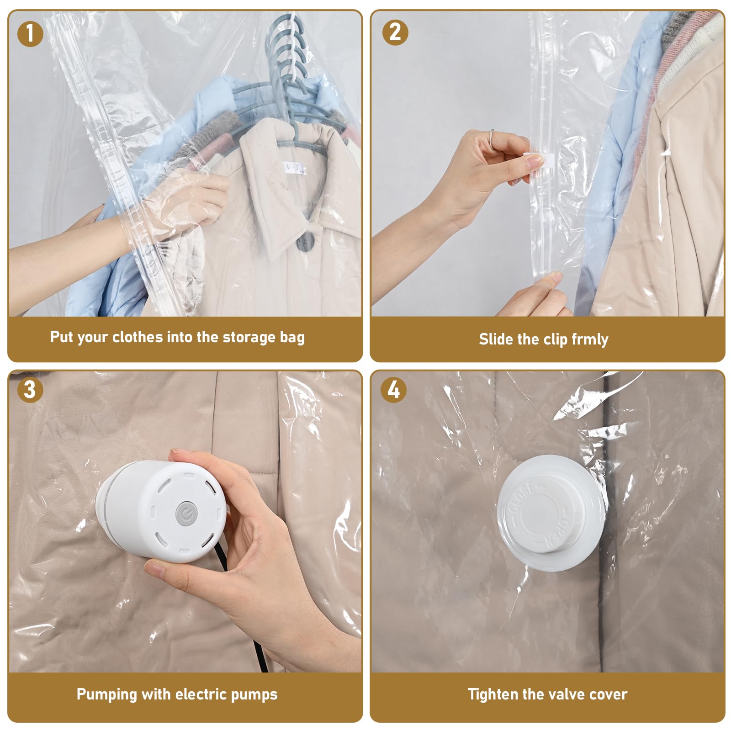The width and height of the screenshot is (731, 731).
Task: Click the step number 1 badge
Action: (30, 33)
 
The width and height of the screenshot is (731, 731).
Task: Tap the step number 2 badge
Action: (395, 32)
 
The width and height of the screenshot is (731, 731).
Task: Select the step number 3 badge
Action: (30, 390)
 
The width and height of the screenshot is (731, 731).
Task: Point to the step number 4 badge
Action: (393, 390)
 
